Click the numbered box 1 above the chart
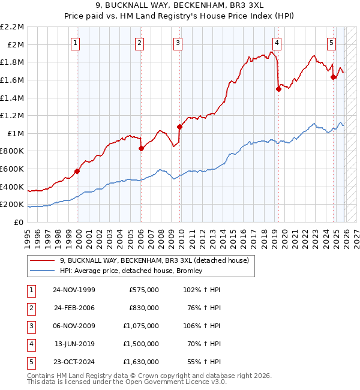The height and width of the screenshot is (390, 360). (x=76, y=42)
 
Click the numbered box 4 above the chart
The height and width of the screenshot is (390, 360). (x=277, y=42)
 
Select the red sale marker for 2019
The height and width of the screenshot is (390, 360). (x=278, y=89)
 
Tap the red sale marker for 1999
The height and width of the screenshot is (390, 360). (x=77, y=171)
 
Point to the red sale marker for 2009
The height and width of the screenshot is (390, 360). (x=179, y=127)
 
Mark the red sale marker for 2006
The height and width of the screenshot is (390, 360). (x=141, y=148)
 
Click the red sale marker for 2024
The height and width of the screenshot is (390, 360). (x=333, y=77)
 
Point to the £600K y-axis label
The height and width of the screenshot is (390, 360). (x=12, y=169)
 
